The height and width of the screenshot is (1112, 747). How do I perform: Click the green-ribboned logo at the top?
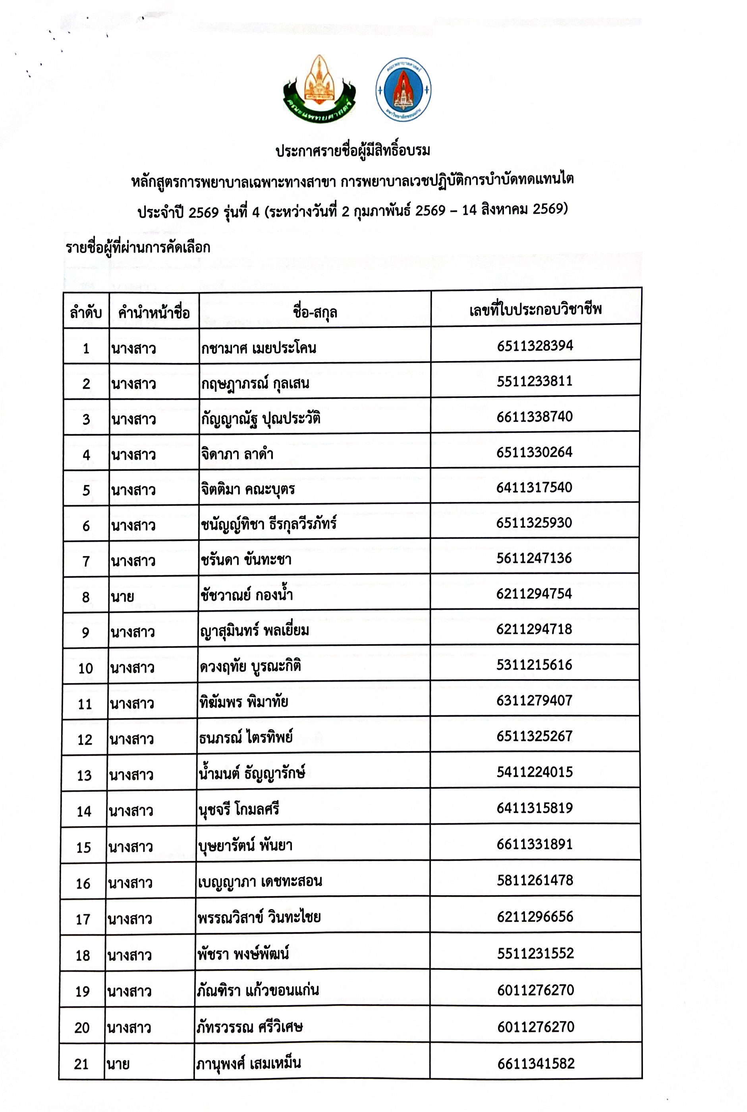pyautogui.click(x=319, y=89)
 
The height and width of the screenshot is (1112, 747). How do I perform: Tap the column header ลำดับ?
pyautogui.click(x=86, y=313)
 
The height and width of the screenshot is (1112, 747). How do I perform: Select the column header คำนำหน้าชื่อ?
pyautogui.click(x=154, y=313)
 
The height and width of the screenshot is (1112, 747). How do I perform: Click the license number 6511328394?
pyautogui.click(x=535, y=346)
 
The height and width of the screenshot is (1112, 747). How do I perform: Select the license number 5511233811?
pyautogui.click(x=535, y=381)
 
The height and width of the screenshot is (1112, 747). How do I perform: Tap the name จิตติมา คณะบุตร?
pyautogui.click(x=248, y=489)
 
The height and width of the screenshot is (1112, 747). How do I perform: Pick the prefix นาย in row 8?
pyautogui.click(x=122, y=596)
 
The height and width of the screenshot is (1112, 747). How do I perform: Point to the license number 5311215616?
pyautogui.click(x=534, y=665)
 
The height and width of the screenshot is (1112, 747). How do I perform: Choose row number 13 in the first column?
pyautogui.click(x=84, y=775)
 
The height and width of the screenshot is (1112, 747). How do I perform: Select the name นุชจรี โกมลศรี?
pyautogui.click(x=239, y=809)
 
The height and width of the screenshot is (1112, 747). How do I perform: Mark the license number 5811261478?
pyautogui.click(x=535, y=880)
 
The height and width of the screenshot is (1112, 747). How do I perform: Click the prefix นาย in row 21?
pyautogui.click(x=118, y=1064)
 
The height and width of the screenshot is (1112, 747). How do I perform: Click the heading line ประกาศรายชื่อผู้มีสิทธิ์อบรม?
pyautogui.click(x=353, y=151)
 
